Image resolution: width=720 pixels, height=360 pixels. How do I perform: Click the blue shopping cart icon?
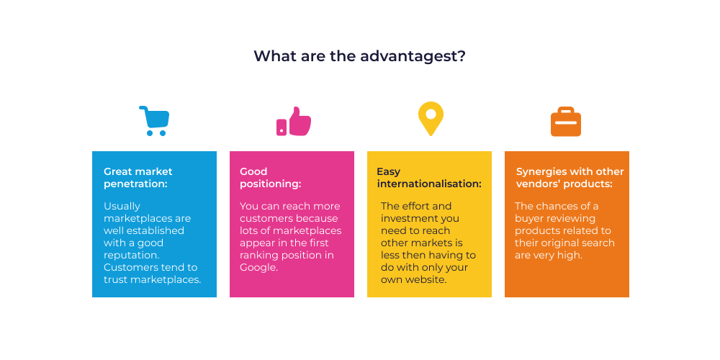pyautogui.click(x=154, y=121)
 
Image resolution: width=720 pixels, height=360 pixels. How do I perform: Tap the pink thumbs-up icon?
pyautogui.click(x=294, y=121)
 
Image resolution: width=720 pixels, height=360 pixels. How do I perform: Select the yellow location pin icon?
pyautogui.click(x=431, y=119)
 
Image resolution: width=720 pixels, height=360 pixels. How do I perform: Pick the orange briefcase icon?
pyautogui.click(x=566, y=122)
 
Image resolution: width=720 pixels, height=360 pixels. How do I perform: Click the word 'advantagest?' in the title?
pyautogui.click(x=413, y=56)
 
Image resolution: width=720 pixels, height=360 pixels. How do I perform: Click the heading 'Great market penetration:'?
pyautogui.click(x=138, y=178)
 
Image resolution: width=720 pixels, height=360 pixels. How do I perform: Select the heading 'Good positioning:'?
pyautogui.click(x=271, y=178)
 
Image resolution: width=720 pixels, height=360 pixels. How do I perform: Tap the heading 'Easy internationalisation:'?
pyautogui.click(x=429, y=178)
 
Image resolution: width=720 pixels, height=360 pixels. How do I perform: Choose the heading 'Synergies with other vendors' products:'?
pyautogui.click(x=570, y=178)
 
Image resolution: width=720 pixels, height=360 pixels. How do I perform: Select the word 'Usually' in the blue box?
pyautogui.click(x=122, y=207)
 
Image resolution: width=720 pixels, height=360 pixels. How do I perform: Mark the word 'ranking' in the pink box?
pyautogui.click(x=258, y=256)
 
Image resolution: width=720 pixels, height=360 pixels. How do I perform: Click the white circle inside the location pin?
pyautogui.click(x=431, y=114)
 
